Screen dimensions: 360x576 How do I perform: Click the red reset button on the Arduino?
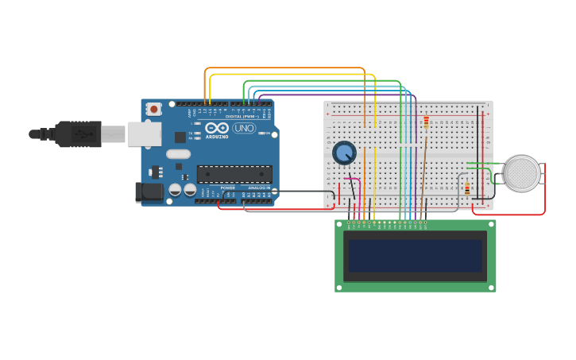pyautogui.click(x=153, y=108)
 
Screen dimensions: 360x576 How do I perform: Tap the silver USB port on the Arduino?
pyautogui.click(x=144, y=134)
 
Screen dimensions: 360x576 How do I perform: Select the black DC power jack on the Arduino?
pyautogui.click(x=149, y=192)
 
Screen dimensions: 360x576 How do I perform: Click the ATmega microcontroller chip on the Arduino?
pyautogui.click(x=234, y=174)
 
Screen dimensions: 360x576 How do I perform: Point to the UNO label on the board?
pyautogui.click(x=244, y=128)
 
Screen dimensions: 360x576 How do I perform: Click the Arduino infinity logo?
pyautogui.click(x=216, y=128)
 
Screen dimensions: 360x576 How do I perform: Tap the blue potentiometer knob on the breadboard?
pyautogui.click(x=344, y=152)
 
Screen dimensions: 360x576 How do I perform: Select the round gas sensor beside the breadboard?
pyautogui.click(x=522, y=173)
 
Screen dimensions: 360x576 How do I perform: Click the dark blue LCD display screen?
pyautogui.click(x=415, y=256)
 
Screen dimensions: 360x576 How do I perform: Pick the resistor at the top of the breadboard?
pyautogui.click(x=426, y=122)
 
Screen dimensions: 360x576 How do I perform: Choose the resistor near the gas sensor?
pyautogui.click(x=467, y=189)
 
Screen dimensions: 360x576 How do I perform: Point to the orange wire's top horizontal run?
pyautogui.click(x=286, y=68)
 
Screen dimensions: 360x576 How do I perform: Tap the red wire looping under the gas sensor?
pyautogui.click(x=508, y=215)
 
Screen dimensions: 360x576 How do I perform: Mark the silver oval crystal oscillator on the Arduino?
pyautogui.click(x=179, y=154)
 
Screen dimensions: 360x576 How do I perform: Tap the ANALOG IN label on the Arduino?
pyautogui.click(x=258, y=188)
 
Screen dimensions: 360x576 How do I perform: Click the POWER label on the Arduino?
pyautogui.click(x=228, y=188)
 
